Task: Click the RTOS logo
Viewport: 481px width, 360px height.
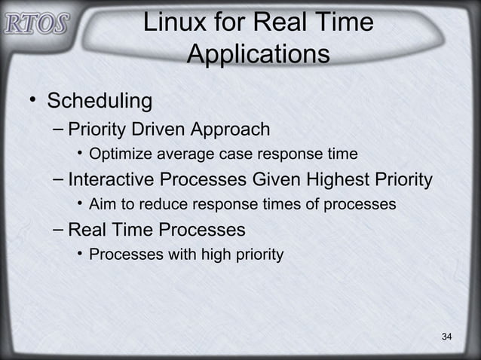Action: click(35, 23)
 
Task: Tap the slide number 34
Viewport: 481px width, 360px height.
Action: click(446, 335)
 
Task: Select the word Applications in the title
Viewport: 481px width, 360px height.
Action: click(258, 54)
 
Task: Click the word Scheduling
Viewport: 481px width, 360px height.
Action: click(100, 101)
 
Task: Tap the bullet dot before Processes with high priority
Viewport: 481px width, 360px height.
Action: click(80, 255)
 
